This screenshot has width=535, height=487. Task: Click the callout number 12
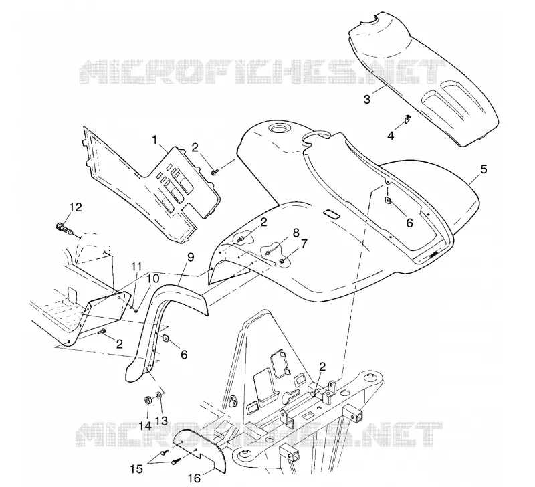76,207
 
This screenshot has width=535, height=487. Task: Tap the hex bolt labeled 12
64,228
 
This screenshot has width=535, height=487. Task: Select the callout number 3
366,99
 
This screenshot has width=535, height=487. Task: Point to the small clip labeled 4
407,118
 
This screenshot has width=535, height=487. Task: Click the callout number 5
484,169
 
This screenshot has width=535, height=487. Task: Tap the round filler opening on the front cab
279,129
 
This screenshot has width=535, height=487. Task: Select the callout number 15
136,469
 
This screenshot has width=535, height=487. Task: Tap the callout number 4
391,136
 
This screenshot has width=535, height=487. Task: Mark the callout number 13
161,421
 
